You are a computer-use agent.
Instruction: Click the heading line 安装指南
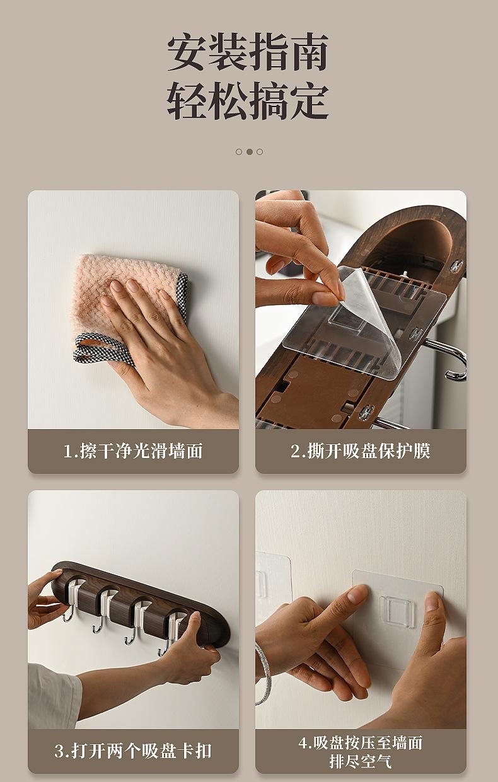pyautogui.click(x=248, y=52)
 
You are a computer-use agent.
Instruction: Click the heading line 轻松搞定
pyautogui.click(x=248, y=100)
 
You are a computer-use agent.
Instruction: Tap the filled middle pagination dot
pyautogui.click(x=250, y=151)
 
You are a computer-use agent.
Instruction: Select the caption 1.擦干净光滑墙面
pyautogui.click(x=133, y=451)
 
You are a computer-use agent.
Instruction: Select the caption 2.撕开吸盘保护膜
pyautogui.click(x=361, y=451)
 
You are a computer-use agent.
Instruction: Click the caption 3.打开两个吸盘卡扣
pyautogui.click(x=133, y=751)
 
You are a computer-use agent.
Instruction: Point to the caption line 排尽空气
pyautogui.click(x=361, y=761)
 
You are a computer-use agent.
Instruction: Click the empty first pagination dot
pyautogui.click(x=239, y=151)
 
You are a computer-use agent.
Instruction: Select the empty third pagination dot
pyautogui.click(x=260, y=151)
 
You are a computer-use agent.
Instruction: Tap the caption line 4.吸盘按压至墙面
pyautogui.click(x=361, y=742)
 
